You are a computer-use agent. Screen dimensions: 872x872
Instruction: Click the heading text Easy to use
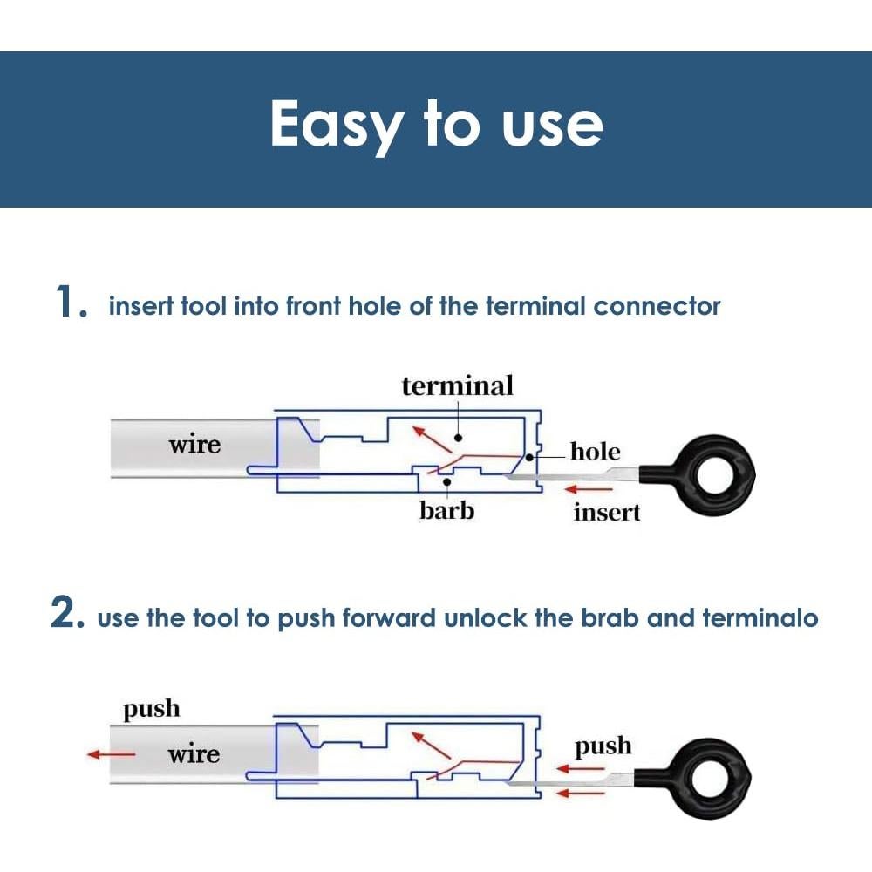(436, 125)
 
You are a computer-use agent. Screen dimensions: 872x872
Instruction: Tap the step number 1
(69, 303)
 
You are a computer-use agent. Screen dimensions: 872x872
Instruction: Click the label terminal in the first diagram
(457, 385)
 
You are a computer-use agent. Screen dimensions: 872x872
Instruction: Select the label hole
(596, 452)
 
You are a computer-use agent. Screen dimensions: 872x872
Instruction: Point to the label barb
(446, 510)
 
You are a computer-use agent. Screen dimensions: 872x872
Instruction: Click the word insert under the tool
(607, 513)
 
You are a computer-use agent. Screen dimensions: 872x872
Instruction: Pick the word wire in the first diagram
(194, 446)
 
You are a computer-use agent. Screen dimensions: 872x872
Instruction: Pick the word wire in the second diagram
(194, 754)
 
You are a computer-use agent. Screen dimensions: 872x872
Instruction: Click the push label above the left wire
(151, 709)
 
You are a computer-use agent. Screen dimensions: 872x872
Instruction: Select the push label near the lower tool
(603, 747)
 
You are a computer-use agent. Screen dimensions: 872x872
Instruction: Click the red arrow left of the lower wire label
(112, 755)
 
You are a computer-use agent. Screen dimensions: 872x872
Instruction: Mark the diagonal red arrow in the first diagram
(432, 440)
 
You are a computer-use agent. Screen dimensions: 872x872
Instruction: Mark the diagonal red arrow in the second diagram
(431, 746)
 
